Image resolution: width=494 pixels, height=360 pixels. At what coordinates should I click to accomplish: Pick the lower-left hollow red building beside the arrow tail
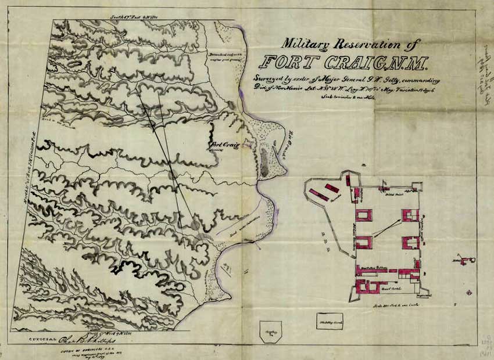coord(364,242)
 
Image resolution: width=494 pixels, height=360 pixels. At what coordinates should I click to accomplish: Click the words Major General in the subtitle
coord(348,80)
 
